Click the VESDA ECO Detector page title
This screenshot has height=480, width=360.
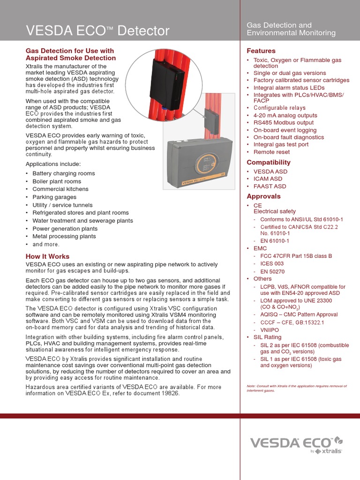click(x=97, y=31)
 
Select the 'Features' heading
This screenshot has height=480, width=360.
click(x=261, y=51)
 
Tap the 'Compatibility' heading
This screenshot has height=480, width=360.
click(x=269, y=162)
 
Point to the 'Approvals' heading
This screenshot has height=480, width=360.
click(x=263, y=196)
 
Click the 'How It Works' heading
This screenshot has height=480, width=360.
click(x=47, y=256)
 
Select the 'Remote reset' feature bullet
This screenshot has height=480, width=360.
click(x=271, y=152)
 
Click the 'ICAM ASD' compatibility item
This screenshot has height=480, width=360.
click(x=268, y=179)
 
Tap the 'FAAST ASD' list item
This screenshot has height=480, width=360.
click(x=270, y=186)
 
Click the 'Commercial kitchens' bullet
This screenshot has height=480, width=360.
click(x=60, y=189)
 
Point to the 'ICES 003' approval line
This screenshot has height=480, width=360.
click(x=272, y=263)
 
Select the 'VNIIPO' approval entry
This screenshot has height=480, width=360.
click(x=270, y=330)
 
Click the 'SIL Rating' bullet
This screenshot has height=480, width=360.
click(x=267, y=337)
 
